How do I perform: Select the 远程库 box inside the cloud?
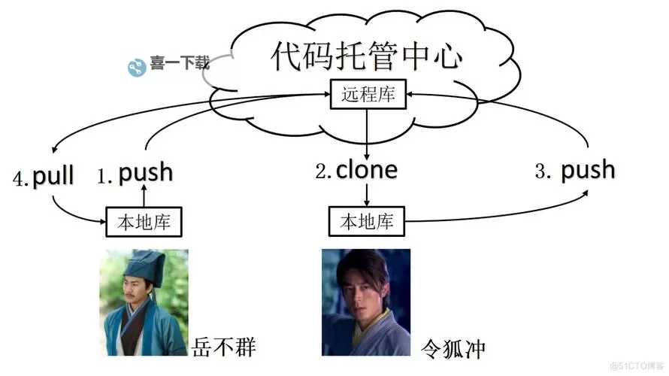point(366,95)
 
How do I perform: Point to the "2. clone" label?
point(356,171)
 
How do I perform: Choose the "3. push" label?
point(575,170)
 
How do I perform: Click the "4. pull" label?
point(44,177)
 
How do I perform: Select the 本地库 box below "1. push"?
point(144,221)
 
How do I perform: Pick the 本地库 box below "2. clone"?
point(366,221)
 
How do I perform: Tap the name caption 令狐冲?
point(453,348)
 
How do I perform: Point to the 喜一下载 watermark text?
point(179,65)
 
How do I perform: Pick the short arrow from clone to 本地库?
point(366,195)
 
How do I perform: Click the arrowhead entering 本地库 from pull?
point(101,221)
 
